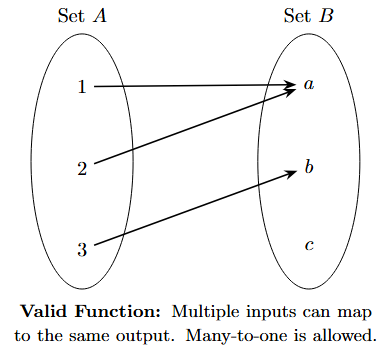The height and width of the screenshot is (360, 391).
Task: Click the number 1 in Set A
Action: click(82, 87)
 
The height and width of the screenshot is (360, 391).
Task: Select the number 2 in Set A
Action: click(82, 167)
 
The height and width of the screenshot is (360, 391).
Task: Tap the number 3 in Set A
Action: click(82, 249)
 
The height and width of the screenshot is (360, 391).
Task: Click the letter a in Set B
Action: click(309, 86)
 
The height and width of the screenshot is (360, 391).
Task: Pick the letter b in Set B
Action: click(309, 166)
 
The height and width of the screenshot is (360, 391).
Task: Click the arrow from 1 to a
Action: click(195, 87)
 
